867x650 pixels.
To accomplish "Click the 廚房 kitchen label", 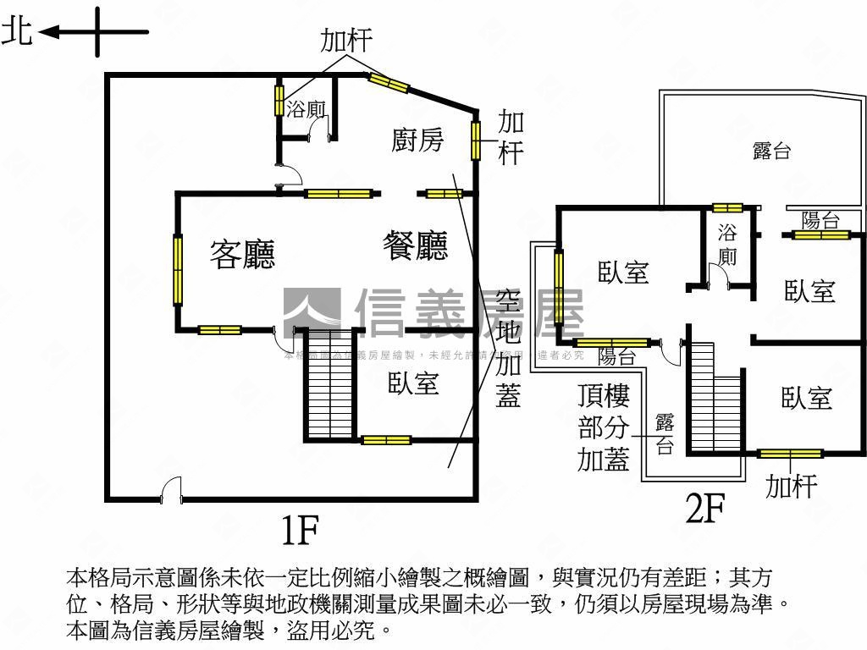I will click(x=417, y=140).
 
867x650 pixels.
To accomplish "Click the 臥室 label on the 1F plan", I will click(x=413, y=383).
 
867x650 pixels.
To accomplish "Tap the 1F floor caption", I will click(x=299, y=530).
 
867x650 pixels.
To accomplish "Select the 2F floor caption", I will click(x=705, y=510).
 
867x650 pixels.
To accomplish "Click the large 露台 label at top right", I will click(x=771, y=151).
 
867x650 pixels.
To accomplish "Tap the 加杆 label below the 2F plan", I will click(x=791, y=487).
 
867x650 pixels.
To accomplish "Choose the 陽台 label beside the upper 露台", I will click(x=820, y=221).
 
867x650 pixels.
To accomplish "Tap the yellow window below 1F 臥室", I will click(x=386, y=439).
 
